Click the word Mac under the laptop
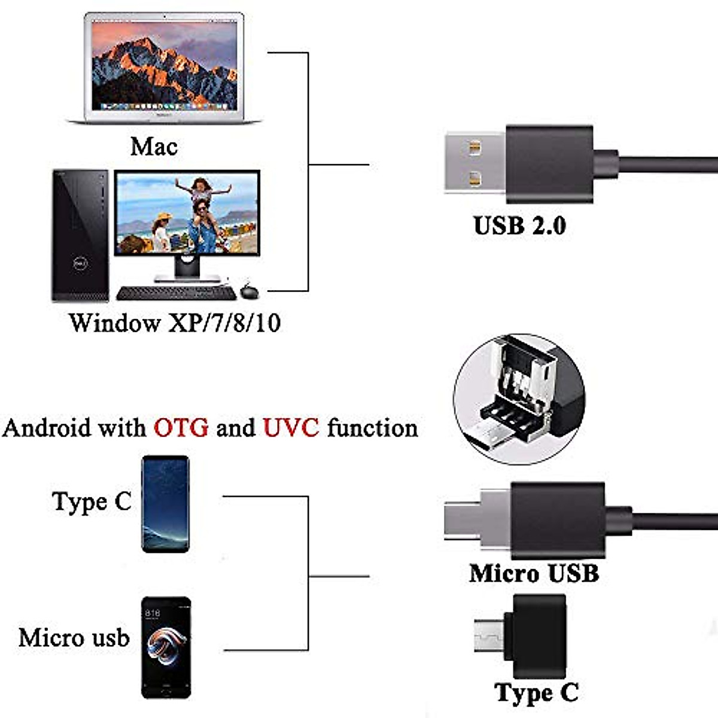pyautogui.click(x=154, y=146)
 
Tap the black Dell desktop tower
pyautogui.click(x=81, y=235)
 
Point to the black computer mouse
pyautogui.click(x=249, y=293)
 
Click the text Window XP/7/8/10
pyautogui.click(x=175, y=323)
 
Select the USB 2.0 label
pyautogui.click(x=519, y=226)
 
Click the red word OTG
pyautogui.click(x=181, y=428)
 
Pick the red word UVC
pyautogui.click(x=291, y=428)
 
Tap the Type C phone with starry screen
pyautogui.click(x=166, y=503)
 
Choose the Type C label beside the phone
pyautogui.click(x=91, y=501)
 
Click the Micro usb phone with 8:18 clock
pyautogui.click(x=166, y=647)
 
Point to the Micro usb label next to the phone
pyautogui.click(x=74, y=637)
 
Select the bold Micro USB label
pyautogui.click(x=534, y=573)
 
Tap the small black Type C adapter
pyautogui.click(x=527, y=627)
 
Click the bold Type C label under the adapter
pyautogui.click(x=537, y=693)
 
